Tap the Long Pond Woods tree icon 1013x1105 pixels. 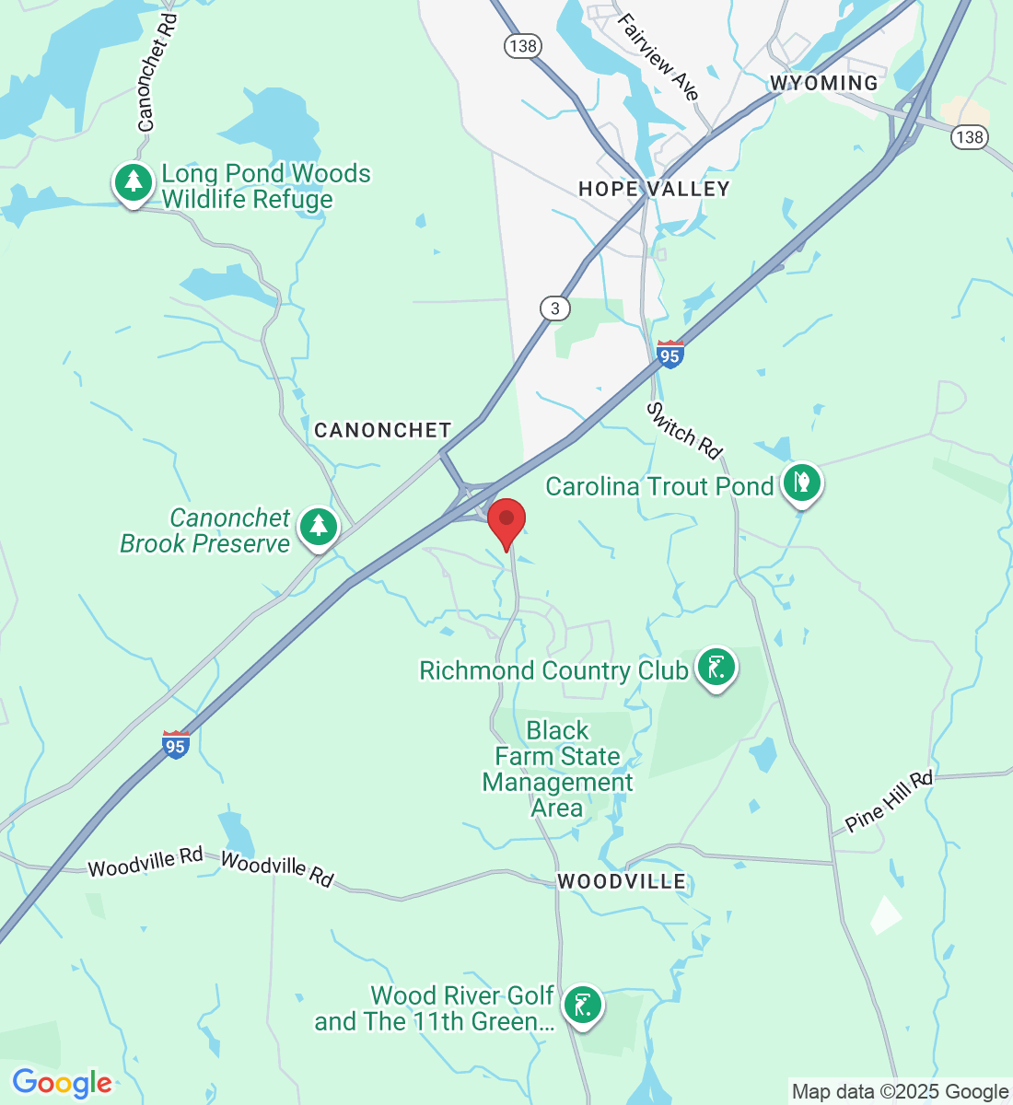coord(134,182)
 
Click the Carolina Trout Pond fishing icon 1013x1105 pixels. coord(801,483)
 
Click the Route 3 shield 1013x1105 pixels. coord(554,308)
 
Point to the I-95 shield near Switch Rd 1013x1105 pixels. coord(670,355)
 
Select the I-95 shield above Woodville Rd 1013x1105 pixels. coord(175,745)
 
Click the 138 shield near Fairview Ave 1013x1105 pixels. coord(522,46)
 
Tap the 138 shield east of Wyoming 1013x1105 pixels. coord(970,137)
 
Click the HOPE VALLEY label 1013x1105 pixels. coord(654,189)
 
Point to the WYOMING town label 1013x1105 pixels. coord(824,83)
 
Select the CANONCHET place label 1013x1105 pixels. coord(382,430)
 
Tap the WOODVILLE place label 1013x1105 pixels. coord(622,881)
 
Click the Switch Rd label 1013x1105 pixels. coord(683,430)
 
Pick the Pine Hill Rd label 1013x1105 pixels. coord(890,800)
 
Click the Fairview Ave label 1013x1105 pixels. coord(658,56)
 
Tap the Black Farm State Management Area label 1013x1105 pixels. coord(557,769)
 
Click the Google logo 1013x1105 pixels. coord(62,1083)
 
